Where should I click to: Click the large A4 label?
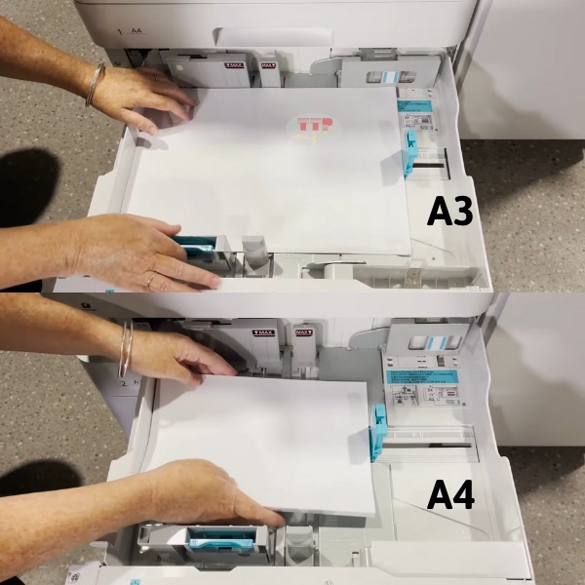click(450, 495)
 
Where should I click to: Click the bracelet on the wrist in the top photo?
click(94, 85)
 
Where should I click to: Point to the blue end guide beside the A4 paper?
click(378, 428)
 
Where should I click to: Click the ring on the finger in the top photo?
click(149, 279)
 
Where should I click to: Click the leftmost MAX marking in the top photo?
click(234, 66)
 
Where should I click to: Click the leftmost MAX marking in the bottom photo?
click(264, 333)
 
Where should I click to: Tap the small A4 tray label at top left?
click(136, 31)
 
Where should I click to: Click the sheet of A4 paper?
click(263, 439)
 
